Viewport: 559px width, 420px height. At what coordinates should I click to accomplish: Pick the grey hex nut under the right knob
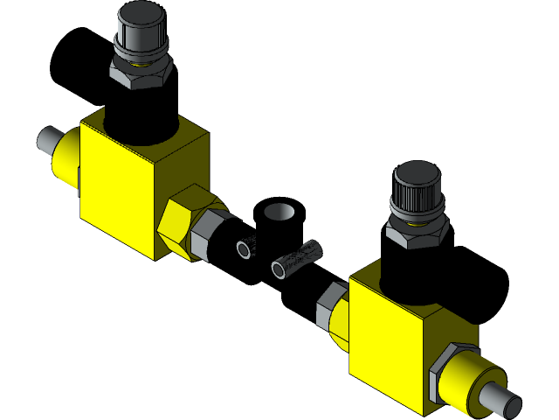(417, 232)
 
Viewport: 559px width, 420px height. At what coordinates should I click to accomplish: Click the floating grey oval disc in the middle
(279, 212)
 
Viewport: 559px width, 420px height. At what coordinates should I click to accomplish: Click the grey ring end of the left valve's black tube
(244, 249)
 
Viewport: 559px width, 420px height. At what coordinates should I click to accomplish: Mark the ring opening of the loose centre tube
(279, 269)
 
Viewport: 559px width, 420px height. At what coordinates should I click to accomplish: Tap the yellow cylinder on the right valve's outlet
(467, 382)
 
